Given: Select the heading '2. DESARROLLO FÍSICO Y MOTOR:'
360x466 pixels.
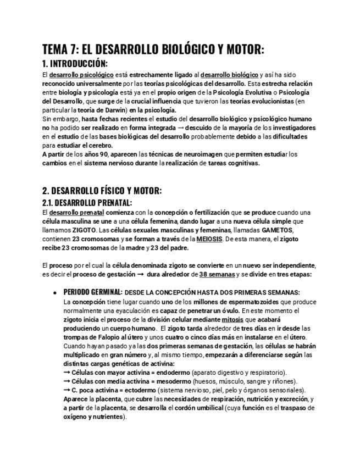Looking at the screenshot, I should pyautogui.click(x=102, y=191).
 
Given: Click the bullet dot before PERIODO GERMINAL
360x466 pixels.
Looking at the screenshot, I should pyautogui.click(x=54, y=292).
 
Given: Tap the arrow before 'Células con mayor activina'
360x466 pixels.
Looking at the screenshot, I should pyautogui.click(x=68, y=372).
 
